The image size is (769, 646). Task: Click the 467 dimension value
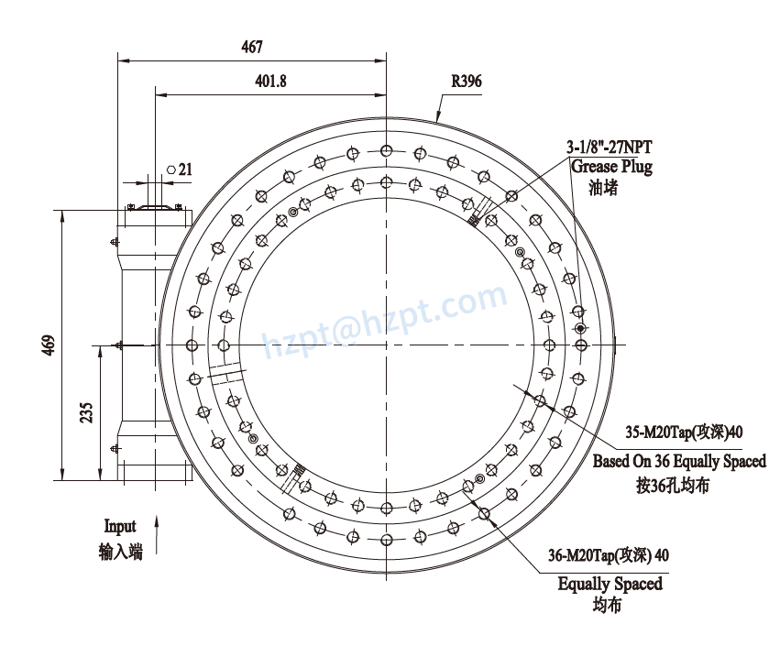[251, 47]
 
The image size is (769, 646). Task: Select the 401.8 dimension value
[270, 82]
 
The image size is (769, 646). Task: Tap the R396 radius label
[466, 82]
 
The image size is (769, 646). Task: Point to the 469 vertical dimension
[49, 345]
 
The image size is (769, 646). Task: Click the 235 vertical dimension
[86, 412]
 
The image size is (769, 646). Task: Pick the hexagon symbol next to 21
[171, 169]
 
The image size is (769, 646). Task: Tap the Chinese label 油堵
[605, 188]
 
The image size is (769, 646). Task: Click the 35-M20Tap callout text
[679, 432]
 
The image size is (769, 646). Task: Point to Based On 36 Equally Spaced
[678, 461]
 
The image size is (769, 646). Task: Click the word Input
[120, 526]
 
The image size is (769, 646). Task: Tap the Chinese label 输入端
[121, 551]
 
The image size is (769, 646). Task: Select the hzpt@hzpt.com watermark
[385, 321]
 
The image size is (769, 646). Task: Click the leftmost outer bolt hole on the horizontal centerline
[192, 345]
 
